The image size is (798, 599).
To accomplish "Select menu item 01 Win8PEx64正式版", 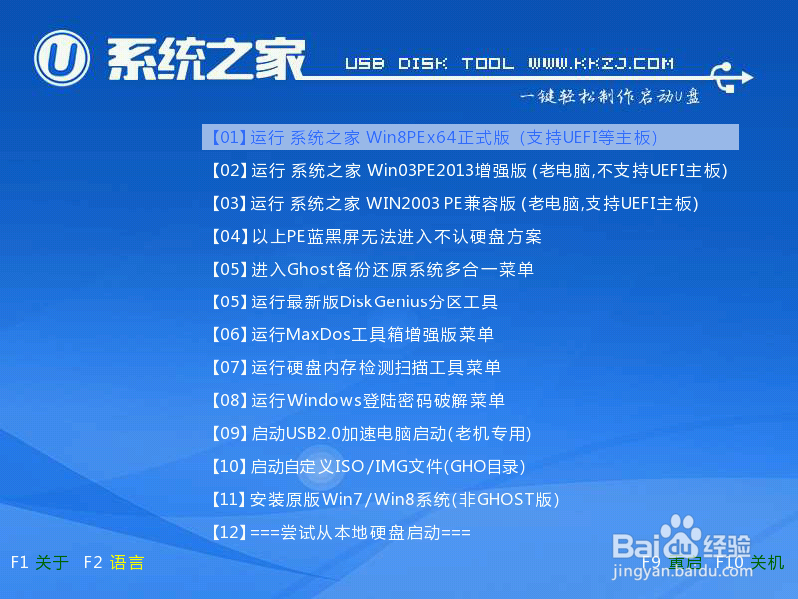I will [435, 137].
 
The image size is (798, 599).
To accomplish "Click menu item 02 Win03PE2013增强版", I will [469, 170].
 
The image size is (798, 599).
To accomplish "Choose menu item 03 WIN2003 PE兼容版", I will [455, 203].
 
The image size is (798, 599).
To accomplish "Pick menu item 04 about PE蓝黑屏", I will [377, 237].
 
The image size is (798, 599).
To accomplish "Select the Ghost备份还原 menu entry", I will [372, 269].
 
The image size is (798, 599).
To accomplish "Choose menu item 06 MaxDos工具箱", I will [352, 334].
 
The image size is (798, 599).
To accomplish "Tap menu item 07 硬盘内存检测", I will [356, 367].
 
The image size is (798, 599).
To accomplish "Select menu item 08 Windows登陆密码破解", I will [358, 400].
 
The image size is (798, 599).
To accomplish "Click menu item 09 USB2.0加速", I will [371, 433].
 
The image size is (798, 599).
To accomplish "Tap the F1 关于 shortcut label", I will [39, 563].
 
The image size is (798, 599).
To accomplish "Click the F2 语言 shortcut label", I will [114, 563].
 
